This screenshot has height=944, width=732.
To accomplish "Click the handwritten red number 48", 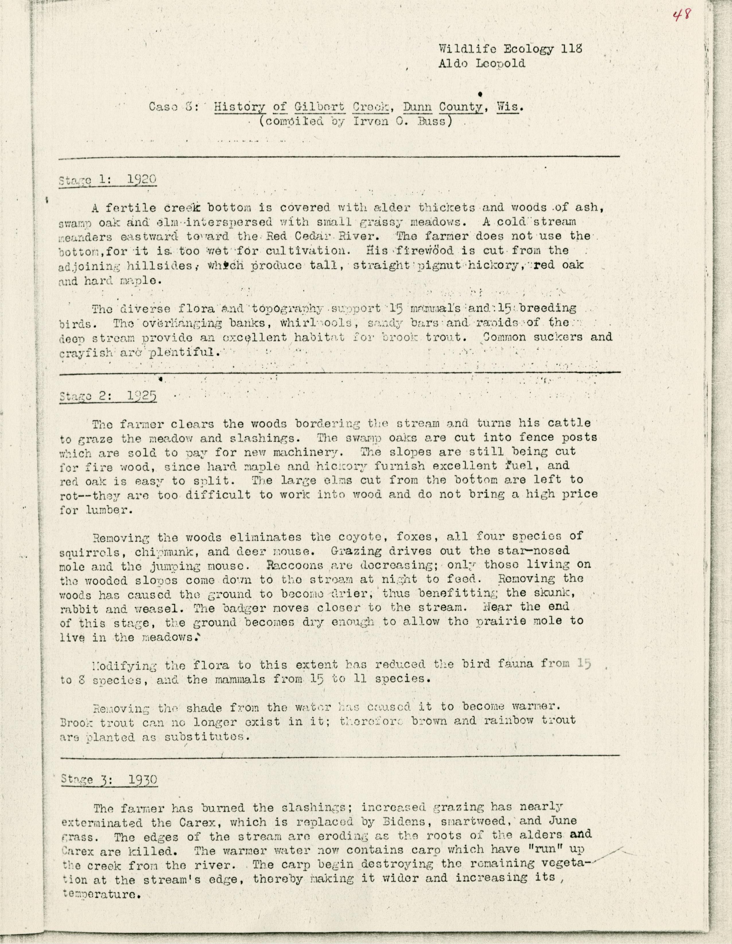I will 683,16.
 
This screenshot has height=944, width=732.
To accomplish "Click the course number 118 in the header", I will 572,48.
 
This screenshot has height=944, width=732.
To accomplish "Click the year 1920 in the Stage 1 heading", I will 142,179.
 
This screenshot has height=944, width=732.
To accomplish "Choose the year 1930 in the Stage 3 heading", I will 143,780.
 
